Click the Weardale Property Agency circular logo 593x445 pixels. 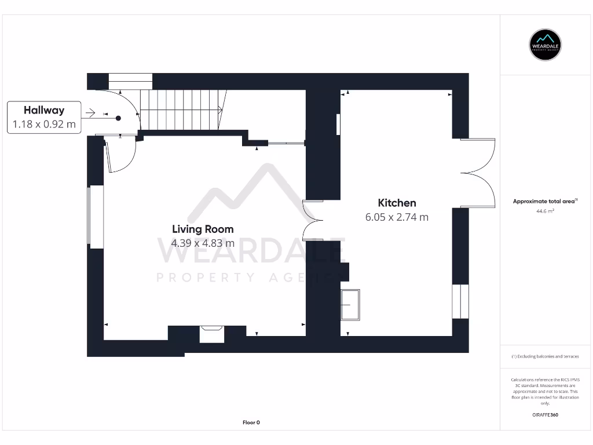tap(546, 45)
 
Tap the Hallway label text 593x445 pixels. tap(44, 110)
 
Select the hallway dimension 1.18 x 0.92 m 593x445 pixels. tap(44, 124)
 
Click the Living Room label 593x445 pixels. tap(203, 229)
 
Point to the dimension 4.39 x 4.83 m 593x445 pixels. tap(203, 243)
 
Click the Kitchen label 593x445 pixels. tap(397, 203)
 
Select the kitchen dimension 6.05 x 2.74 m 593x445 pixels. tap(397, 217)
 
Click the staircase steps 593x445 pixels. tap(181, 110)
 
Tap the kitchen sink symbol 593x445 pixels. tap(350, 304)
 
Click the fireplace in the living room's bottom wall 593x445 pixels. tap(211, 335)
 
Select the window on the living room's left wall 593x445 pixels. tap(96, 217)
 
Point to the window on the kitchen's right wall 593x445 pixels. tap(460, 301)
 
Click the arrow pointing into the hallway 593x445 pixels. tap(90, 113)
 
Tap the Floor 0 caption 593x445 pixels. tap(251, 422)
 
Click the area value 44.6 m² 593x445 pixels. tap(546, 211)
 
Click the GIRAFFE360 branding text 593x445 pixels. tap(546, 415)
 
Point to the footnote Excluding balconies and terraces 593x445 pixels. tap(546, 356)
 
